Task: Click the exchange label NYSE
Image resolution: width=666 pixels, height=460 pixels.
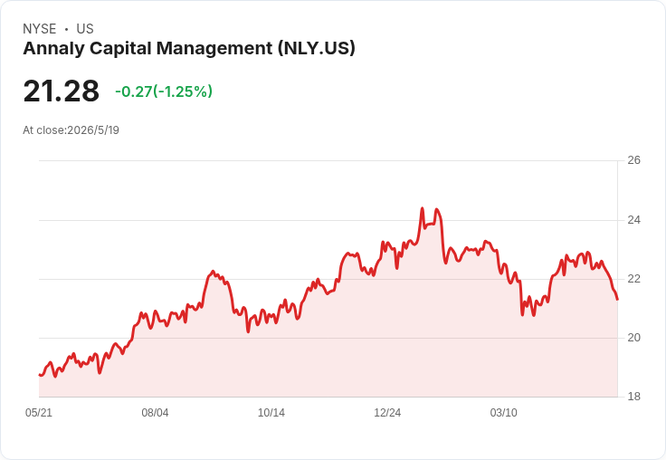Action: pos(40,29)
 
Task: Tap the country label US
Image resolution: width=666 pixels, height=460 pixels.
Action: pos(85,29)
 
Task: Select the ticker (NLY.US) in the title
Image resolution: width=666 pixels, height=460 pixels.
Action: pos(317,49)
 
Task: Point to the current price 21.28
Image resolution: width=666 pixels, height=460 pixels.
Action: pos(62,91)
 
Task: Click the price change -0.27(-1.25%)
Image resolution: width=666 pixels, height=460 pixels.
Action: pos(164,91)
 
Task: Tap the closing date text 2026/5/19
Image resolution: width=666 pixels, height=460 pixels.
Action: pos(93,130)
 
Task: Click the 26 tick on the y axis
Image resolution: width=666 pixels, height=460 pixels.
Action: pos(633,160)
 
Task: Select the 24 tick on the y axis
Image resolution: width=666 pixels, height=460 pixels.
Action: pos(633,220)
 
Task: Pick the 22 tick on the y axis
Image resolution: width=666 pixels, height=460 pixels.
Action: pos(633,279)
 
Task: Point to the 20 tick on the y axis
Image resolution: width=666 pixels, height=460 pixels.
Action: pos(633,338)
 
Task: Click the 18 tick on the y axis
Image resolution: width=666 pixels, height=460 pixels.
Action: pos(633,397)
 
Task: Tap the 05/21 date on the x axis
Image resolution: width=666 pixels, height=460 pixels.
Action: pos(39,413)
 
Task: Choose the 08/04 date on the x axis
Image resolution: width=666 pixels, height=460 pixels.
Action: pos(155,413)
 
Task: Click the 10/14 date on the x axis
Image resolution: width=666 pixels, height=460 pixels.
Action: pos(271,413)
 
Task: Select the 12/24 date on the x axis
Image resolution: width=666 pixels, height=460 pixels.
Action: pos(387,413)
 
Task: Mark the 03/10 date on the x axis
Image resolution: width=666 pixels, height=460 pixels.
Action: pos(504,413)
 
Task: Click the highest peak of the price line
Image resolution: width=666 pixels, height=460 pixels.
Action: pos(423,208)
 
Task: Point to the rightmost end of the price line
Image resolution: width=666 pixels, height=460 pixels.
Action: pos(617,300)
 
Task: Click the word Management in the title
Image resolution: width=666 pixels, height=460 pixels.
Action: pos(214,49)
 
